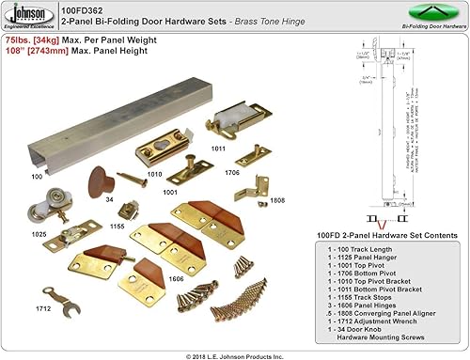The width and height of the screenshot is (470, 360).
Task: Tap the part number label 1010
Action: pos(155,174)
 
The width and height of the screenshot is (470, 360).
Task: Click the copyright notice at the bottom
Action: pos(234,352)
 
